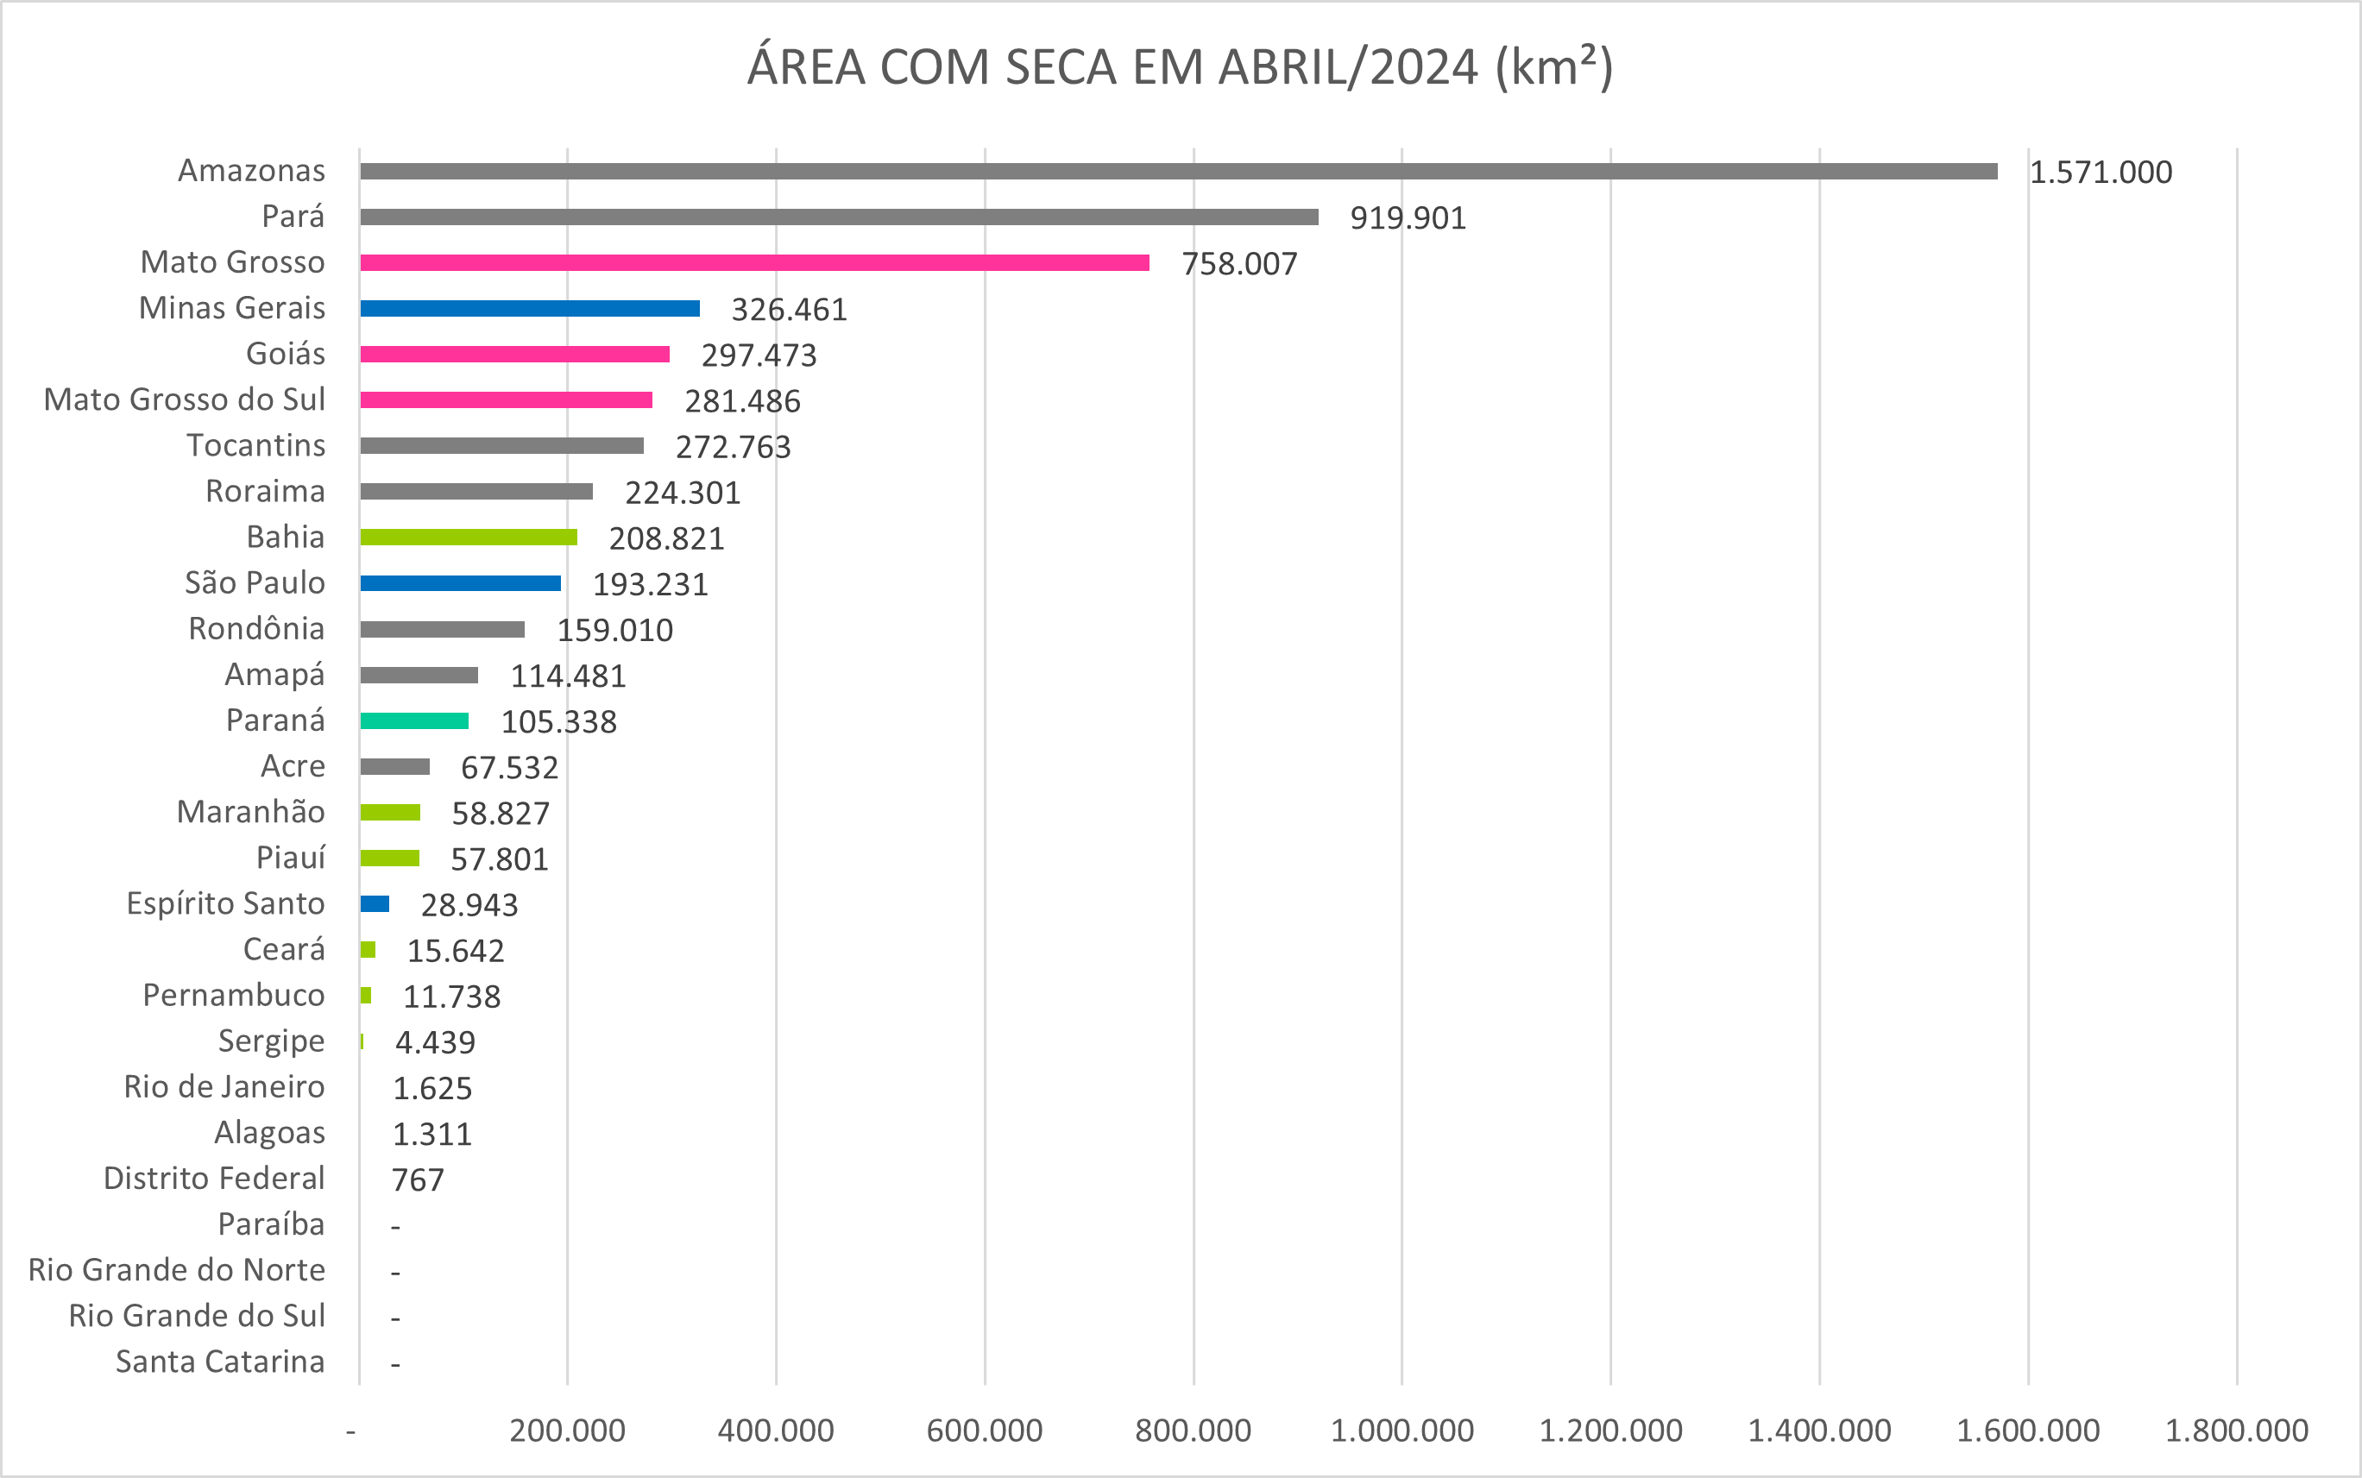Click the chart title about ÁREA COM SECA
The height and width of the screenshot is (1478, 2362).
(1180, 66)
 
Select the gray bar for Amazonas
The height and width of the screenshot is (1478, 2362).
(1178, 171)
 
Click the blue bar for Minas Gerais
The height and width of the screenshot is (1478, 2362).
(530, 309)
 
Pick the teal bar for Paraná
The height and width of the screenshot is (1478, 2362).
(413, 721)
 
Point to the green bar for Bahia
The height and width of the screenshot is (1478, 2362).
(469, 538)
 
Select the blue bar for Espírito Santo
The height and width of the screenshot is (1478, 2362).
(375, 904)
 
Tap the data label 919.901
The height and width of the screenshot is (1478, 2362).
(1408, 218)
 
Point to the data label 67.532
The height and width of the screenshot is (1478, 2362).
(509, 768)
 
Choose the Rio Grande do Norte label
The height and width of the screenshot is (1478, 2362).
(177, 1270)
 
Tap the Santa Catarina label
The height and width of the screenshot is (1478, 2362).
(220, 1362)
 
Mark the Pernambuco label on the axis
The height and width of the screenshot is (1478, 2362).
(234, 995)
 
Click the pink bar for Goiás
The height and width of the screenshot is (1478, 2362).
(514, 354)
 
